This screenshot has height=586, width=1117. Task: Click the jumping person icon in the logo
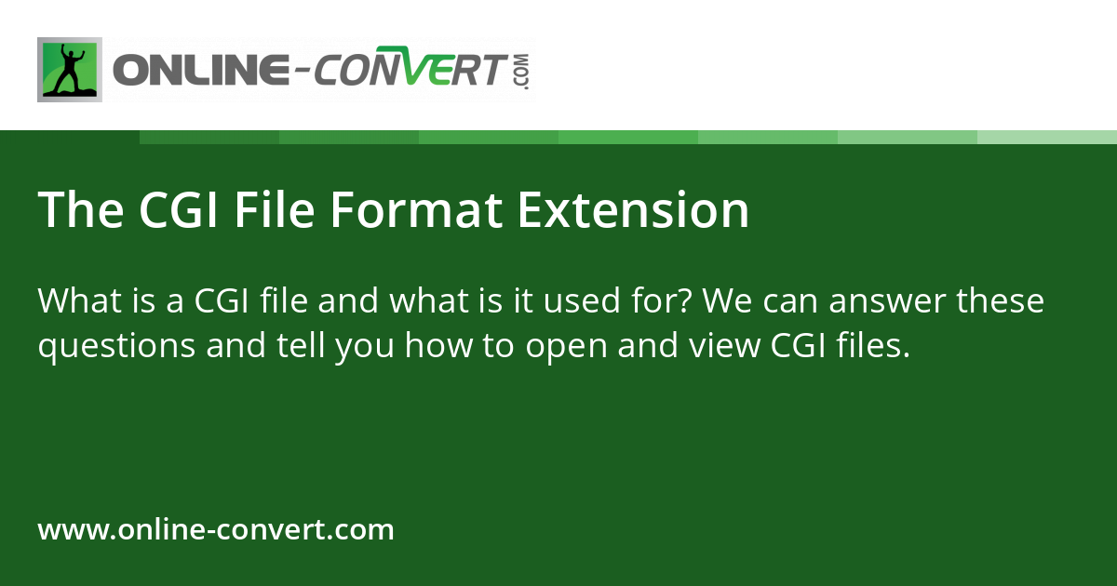(x=70, y=70)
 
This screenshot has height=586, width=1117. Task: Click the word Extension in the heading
(x=633, y=211)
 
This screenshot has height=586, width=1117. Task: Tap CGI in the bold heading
(x=181, y=211)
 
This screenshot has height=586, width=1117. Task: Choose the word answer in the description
(x=888, y=301)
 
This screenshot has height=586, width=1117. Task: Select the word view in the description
(x=731, y=346)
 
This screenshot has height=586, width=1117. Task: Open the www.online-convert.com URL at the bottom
(x=216, y=530)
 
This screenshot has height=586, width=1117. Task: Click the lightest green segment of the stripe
(x=1047, y=137)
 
